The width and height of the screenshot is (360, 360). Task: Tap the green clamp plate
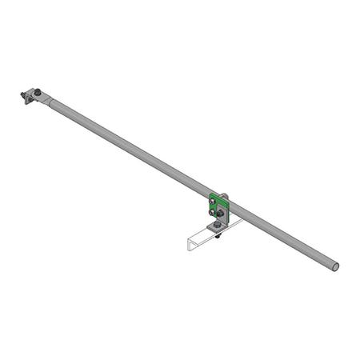click(x=217, y=199)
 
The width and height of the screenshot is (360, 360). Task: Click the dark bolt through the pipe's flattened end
click(x=36, y=91)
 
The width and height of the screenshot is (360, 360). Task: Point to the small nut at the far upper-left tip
click(x=22, y=96)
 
